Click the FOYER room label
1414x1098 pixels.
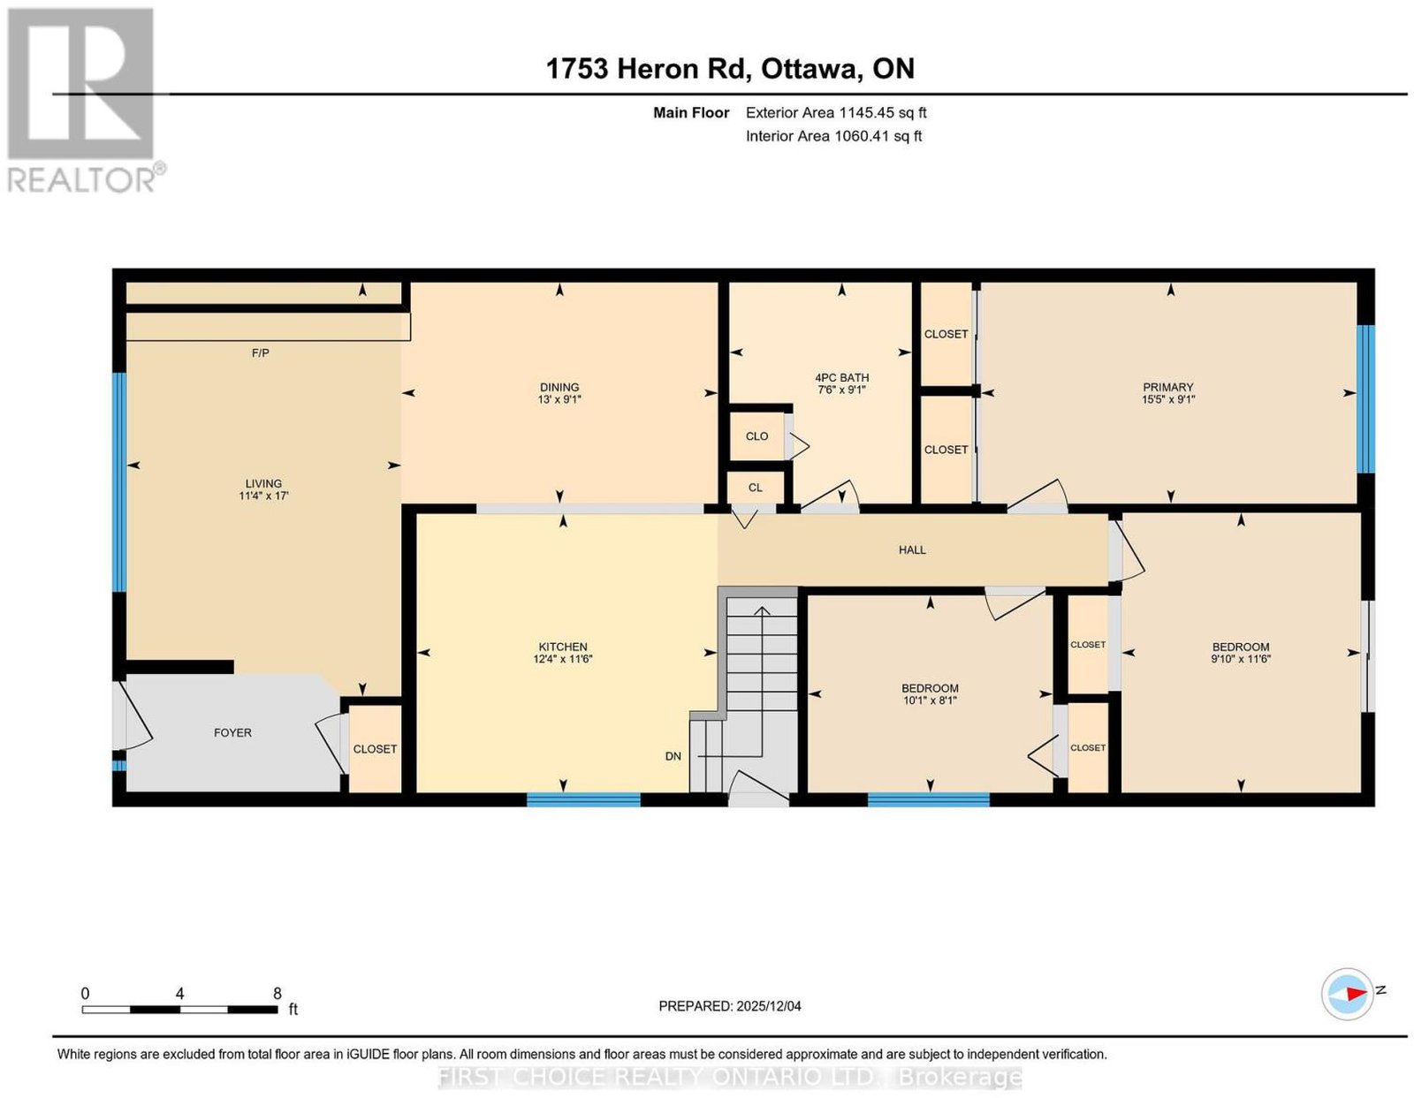[x=232, y=732]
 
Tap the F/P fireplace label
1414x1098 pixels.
[x=261, y=353]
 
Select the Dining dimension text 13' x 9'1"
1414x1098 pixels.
[x=559, y=399]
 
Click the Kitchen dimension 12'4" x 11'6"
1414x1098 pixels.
[x=563, y=659]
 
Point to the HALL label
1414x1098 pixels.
[x=912, y=550]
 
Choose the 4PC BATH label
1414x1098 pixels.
[x=841, y=378]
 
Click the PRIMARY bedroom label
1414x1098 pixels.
[x=1168, y=388]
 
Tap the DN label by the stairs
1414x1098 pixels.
[x=673, y=756]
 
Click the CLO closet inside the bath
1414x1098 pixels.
[x=756, y=436]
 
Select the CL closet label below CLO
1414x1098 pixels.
[x=755, y=488]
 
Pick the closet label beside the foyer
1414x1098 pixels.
[x=375, y=749]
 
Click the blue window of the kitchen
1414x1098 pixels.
[x=583, y=800]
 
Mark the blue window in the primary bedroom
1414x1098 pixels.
[x=1365, y=399]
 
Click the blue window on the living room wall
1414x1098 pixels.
[x=119, y=481]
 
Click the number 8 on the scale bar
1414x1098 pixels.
[x=277, y=994]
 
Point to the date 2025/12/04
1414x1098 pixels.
[x=769, y=1006]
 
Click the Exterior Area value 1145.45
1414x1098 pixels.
[x=867, y=112]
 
